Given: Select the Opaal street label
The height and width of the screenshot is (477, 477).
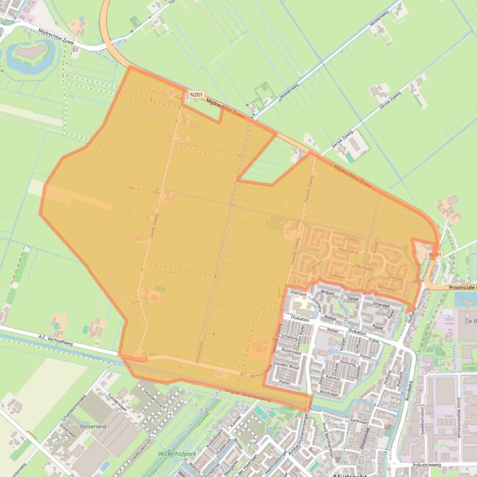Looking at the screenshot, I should click(353, 298).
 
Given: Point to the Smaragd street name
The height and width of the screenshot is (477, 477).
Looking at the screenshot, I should click(382, 305).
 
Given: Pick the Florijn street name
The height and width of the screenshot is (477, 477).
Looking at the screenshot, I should click(365, 357).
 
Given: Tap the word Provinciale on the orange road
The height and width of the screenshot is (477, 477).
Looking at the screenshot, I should click(459, 287).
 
